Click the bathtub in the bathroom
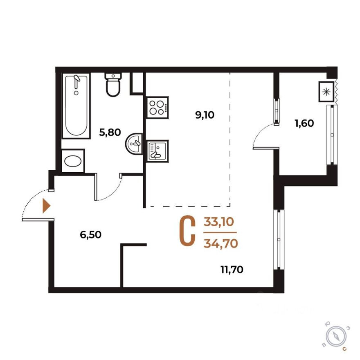(76, 106)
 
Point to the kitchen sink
(157, 149)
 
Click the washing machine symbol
(73, 160)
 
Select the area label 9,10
(205, 115)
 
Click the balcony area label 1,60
(304, 122)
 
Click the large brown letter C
(187, 232)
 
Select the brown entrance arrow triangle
(46, 206)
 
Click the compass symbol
(336, 336)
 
